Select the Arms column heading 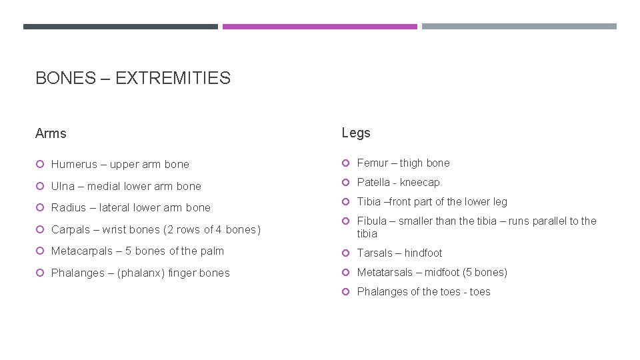pos(51,133)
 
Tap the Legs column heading pos(356,133)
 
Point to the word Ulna pos(63,186)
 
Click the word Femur pos(373,163)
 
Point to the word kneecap pos(420,182)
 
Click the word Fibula pos(372,221)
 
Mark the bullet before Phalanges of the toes pos(346,292)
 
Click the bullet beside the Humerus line pos(40,164)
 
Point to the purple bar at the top pos(319,27)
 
